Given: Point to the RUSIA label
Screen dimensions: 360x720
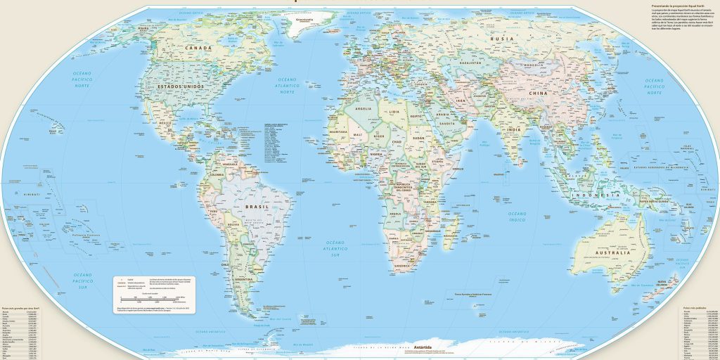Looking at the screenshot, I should click(x=501, y=39).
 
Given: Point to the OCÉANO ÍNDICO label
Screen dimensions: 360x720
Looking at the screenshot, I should click(x=517, y=217).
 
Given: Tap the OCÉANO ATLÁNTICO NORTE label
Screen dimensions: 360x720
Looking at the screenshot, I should click(x=288, y=85).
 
